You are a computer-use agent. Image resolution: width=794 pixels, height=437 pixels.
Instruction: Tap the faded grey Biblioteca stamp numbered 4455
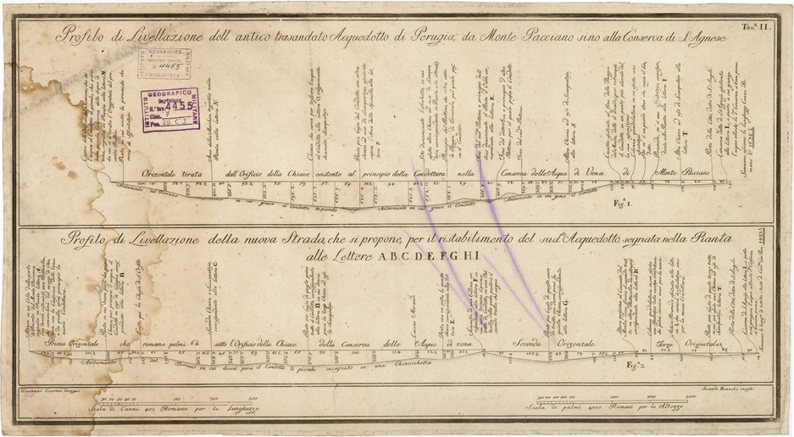point(164,64)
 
